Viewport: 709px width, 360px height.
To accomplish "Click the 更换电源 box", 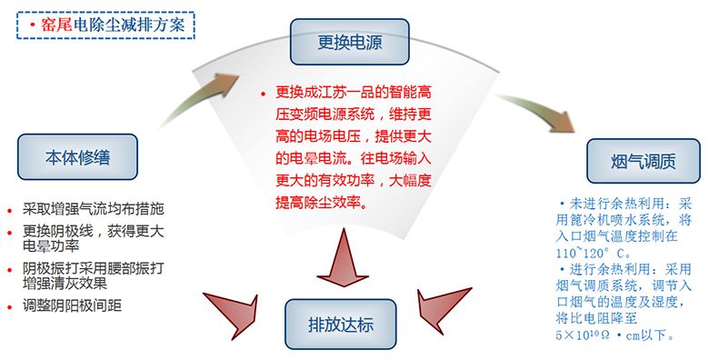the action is [350, 42].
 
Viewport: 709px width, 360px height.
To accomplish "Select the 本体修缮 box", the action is [77, 157].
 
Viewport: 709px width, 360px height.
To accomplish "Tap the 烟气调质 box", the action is [643, 161].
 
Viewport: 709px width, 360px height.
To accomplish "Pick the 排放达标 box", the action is [341, 324].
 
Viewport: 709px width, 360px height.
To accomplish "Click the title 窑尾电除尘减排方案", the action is [113, 25].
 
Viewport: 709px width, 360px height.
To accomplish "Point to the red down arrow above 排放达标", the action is [343, 257].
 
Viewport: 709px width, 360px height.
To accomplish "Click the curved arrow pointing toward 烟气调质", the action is [538, 110].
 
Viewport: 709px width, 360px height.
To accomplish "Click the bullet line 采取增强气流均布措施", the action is [93, 209].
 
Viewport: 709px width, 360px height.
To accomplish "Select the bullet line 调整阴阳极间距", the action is [73, 305].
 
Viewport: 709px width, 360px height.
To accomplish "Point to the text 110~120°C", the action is [593, 253].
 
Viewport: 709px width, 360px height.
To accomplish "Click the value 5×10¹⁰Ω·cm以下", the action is [615, 335].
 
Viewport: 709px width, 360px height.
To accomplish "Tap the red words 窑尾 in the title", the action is [56, 25].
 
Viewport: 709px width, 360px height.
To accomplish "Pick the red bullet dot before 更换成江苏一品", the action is [264, 94].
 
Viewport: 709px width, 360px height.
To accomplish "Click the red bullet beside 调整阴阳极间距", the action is [9, 307].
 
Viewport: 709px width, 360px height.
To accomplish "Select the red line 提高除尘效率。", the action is [322, 202].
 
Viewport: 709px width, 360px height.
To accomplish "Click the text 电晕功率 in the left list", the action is [51, 246].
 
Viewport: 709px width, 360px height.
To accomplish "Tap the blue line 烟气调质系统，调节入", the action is [624, 285].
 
